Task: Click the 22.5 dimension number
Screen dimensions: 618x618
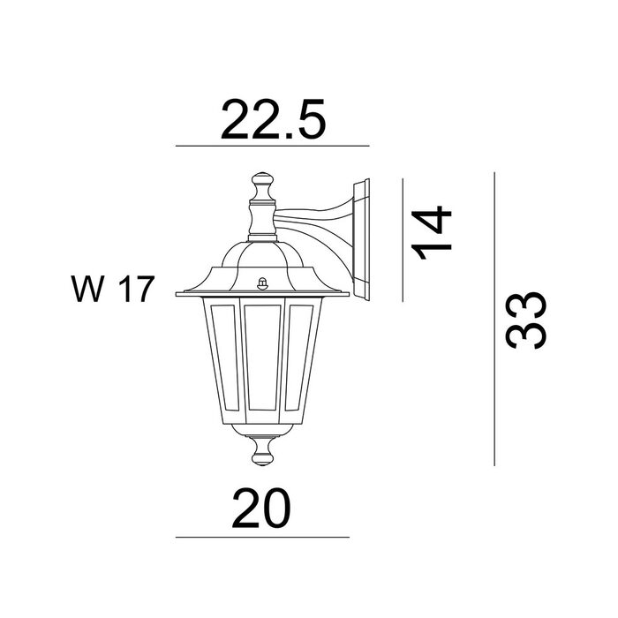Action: click(273, 119)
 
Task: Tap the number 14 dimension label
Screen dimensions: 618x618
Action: click(431, 232)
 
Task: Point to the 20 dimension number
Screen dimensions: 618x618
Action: click(261, 508)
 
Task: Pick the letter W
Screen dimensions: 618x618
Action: click(88, 289)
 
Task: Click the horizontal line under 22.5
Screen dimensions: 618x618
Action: click(272, 146)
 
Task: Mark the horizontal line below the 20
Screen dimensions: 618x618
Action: click(262, 537)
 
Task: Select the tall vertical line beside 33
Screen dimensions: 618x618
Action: click(494, 319)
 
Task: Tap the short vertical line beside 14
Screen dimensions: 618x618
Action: click(403, 240)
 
